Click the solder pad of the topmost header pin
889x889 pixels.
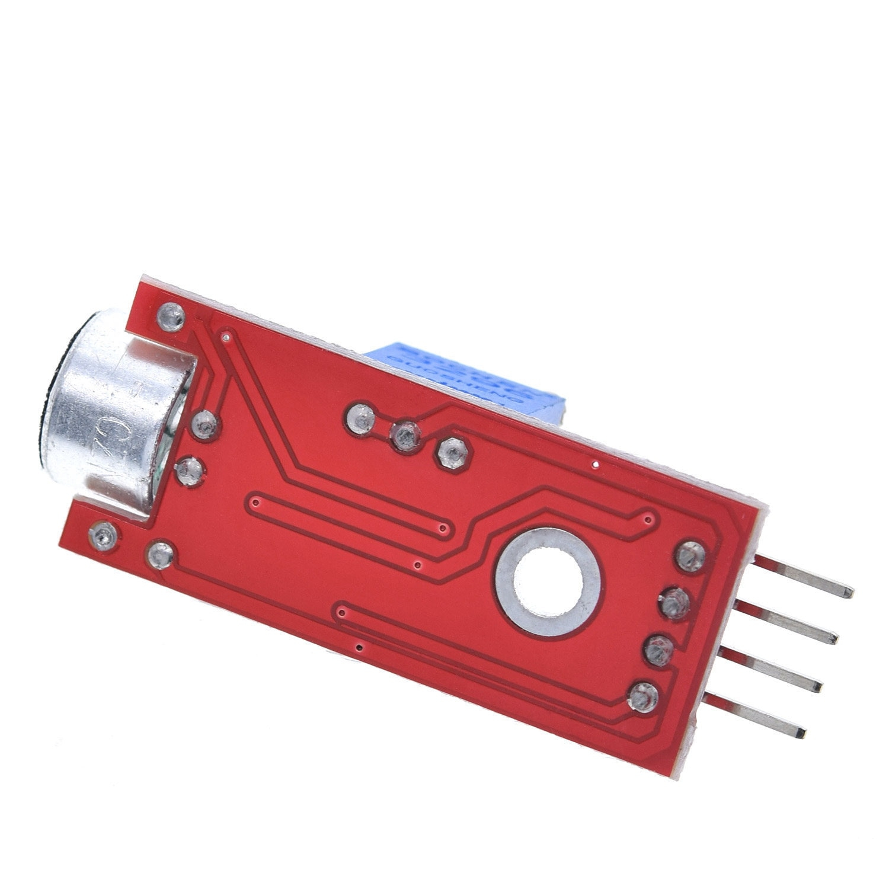tap(690, 555)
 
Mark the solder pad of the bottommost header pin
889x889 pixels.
tap(644, 697)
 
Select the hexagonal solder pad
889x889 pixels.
tap(453, 453)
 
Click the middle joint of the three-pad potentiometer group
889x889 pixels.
tap(406, 437)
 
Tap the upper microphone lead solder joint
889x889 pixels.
tap(206, 424)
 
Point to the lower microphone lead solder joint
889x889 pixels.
tap(190, 471)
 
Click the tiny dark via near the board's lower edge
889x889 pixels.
tap(359, 647)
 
